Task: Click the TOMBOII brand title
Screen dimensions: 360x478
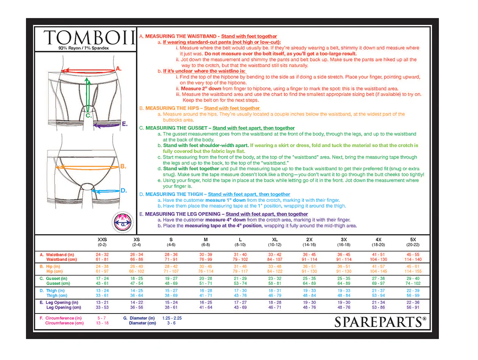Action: pos(89,38)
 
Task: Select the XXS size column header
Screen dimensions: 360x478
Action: pos(102,240)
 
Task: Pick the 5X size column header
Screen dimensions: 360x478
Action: pos(413,240)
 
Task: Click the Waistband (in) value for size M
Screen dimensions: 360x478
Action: pos(206,254)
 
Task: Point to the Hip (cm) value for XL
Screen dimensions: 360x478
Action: pos(275,271)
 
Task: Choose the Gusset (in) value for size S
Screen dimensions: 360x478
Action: pos(171,279)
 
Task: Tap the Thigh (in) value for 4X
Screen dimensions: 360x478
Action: pos(379,291)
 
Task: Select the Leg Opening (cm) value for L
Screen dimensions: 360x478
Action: pos(240,308)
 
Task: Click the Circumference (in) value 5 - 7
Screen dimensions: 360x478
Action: pos(102,318)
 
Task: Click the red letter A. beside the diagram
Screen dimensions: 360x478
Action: pos(118,68)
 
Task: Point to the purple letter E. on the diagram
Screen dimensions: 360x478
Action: pos(124,124)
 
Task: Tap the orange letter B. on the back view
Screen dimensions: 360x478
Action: pos(123,166)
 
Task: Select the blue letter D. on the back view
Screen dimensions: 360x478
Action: pos(123,191)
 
